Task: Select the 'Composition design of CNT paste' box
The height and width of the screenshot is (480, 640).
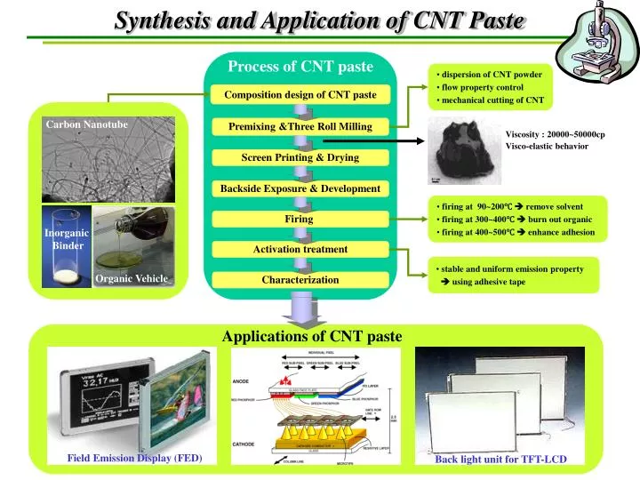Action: (x=300, y=94)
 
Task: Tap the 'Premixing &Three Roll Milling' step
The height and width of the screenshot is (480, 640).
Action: (x=300, y=126)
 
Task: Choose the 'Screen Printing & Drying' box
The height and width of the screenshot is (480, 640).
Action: (x=300, y=157)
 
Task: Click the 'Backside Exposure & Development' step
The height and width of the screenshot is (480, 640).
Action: (x=300, y=188)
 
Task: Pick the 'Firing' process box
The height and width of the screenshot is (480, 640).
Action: (x=300, y=219)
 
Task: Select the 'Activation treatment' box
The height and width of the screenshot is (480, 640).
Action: (x=300, y=249)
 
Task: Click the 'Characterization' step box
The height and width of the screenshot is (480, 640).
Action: (x=300, y=279)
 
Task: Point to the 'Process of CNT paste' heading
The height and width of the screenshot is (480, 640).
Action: (x=300, y=66)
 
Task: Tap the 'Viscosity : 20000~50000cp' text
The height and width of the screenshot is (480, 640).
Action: (x=555, y=134)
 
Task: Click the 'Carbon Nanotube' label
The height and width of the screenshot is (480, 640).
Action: (x=87, y=124)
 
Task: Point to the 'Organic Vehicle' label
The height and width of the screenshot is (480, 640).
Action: (x=132, y=279)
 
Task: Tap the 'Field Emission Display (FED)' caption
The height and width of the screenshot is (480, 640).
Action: (x=135, y=458)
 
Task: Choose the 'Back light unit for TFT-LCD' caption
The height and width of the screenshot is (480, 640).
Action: (x=500, y=459)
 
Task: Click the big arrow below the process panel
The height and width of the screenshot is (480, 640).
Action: (x=300, y=310)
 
